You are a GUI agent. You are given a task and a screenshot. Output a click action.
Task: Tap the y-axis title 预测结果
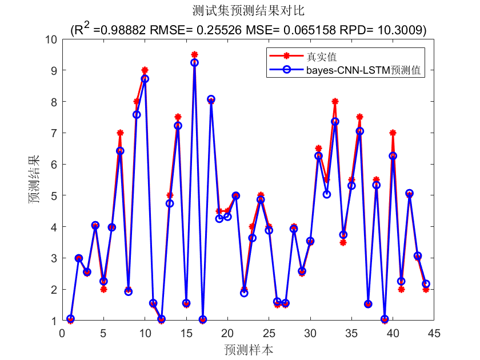click(x=35, y=179)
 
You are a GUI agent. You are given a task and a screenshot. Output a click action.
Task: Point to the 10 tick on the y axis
click(x=51, y=39)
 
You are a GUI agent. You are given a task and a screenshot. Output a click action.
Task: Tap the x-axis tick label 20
click(x=227, y=333)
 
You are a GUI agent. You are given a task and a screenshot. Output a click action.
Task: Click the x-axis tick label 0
click(x=62, y=333)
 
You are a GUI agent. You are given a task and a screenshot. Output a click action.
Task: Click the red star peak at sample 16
click(x=194, y=55)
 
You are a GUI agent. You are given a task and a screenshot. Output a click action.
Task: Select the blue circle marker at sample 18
click(x=211, y=99)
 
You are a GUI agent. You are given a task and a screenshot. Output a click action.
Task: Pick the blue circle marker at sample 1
click(x=70, y=319)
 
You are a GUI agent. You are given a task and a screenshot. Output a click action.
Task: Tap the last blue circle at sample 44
click(x=426, y=284)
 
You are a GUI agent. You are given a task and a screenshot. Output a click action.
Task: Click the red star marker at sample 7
click(x=120, y=133)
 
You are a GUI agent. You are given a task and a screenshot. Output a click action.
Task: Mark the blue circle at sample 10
click(x=145, y=79)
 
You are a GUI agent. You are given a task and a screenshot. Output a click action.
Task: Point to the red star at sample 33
click(x=335, y=102)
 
